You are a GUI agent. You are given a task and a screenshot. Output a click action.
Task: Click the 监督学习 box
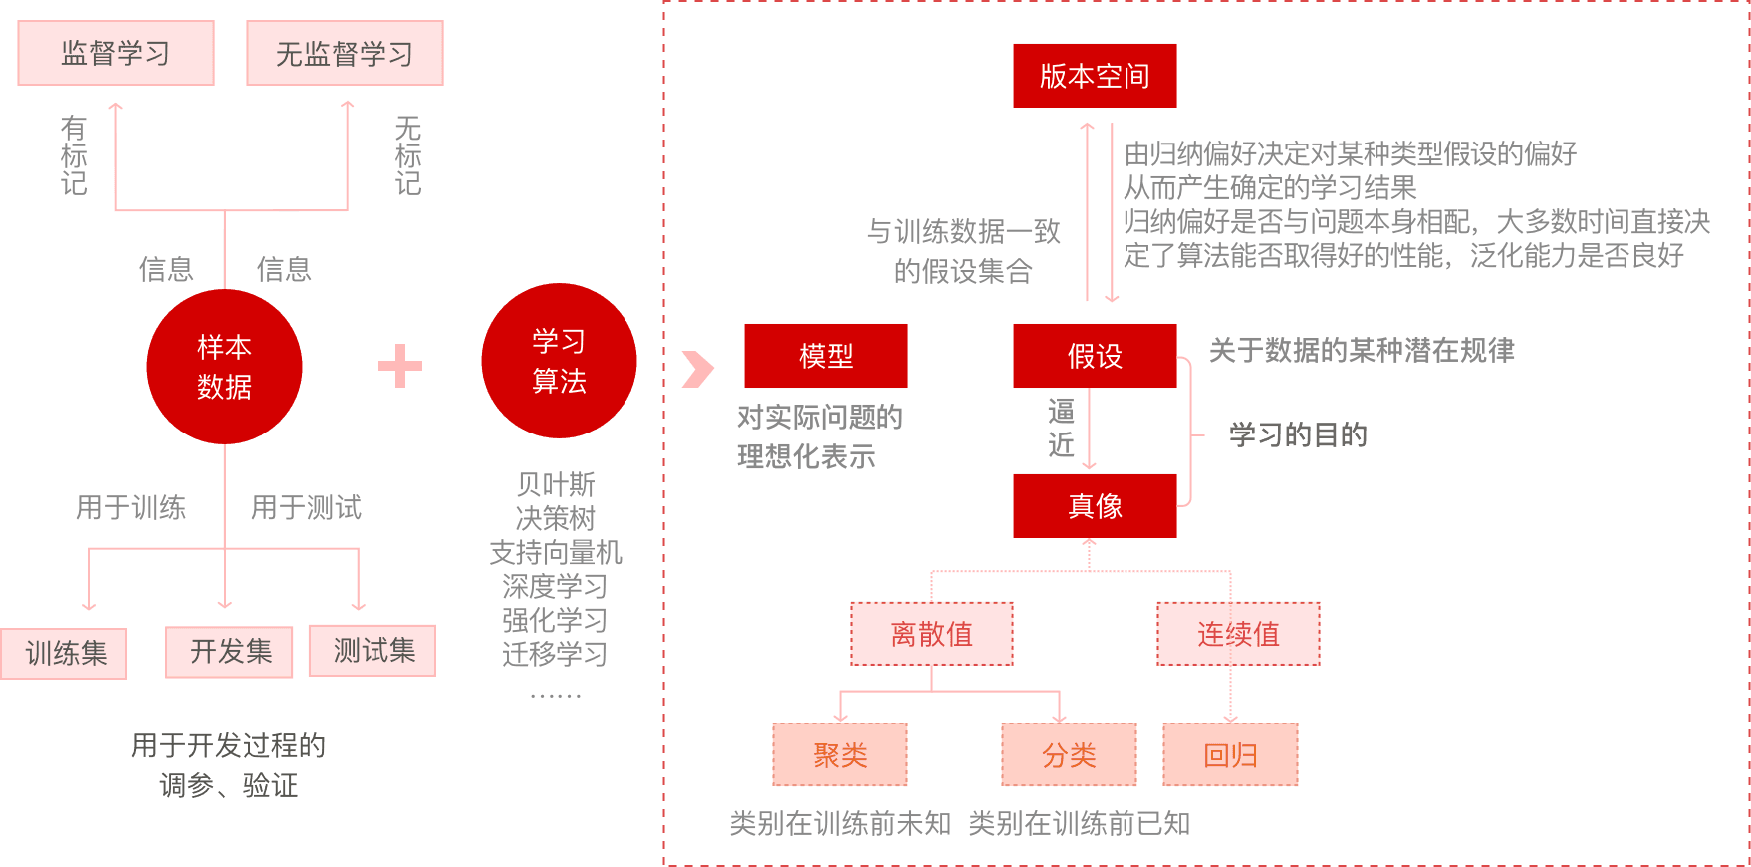coord(116,53)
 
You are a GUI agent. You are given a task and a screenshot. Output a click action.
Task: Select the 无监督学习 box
coord(345,53)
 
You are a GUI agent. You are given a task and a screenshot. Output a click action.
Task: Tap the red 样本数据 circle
coord(224,367)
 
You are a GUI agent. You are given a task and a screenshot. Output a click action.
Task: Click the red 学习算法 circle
coord(559,361)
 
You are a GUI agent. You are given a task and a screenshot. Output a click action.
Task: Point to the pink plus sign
coord(400,366)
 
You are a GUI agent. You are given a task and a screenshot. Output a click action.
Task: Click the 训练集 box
coord(65,653)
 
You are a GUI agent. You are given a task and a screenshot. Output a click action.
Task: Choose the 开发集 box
coord(230,652)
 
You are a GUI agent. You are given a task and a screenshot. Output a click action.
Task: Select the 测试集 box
coord(373,651)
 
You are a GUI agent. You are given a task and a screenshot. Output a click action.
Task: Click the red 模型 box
coord(826,356)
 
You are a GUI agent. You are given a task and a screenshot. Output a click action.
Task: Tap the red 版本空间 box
coord(1095,76)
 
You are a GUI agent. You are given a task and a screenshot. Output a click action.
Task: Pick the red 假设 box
coord(1095,356)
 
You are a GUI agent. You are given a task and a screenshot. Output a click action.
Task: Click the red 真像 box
coord(1095,506)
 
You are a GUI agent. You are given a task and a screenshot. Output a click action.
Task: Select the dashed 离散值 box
coord(931,634)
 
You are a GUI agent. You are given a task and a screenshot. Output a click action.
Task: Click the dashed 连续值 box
coord(1238,634)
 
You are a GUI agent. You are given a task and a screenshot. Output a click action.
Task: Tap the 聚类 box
coord(840,755)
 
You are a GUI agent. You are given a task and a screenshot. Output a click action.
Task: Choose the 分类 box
coord(1069,755)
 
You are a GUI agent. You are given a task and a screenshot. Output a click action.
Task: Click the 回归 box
coord(1230,755)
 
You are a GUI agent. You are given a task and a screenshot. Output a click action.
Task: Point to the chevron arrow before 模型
coord(697,369)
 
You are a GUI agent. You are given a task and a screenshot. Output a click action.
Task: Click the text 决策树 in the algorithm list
coord(555,518)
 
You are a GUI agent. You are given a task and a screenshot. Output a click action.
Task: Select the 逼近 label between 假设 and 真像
coord(1061,429)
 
